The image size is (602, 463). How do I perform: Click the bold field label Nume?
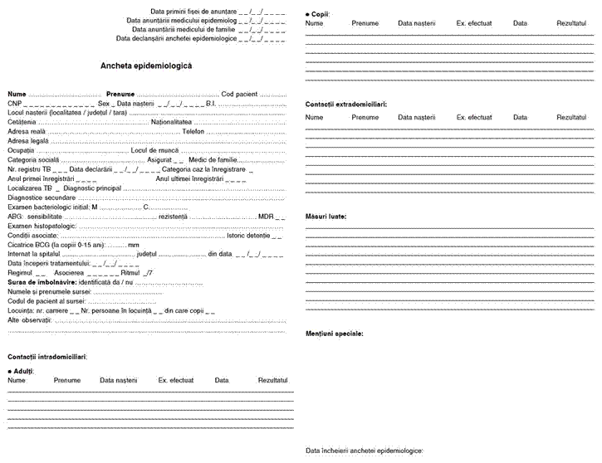pos(17,94)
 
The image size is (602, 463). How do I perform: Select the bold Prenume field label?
pos(120,94)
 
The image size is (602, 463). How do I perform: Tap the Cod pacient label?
pos(241,94)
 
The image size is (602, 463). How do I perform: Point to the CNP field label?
pos(14,103)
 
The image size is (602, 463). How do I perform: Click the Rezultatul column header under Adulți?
pos(272,380)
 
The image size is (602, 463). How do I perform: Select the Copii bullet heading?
pos(319,15)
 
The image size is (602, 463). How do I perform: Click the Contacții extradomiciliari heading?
pos(345,105)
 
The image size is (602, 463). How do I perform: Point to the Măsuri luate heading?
pos(326,217)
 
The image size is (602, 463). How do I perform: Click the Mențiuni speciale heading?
pos(334,333)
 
